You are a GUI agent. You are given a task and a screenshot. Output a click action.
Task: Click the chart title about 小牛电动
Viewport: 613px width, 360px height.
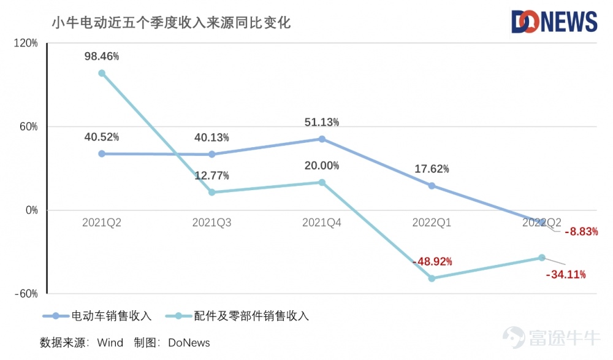coord(171,23)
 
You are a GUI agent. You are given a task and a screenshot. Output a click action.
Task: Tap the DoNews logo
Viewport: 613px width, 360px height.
coord(554,21)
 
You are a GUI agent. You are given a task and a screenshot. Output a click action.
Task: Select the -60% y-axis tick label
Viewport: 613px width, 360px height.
coord(26,294)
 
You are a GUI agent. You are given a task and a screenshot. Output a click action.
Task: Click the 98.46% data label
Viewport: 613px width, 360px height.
coord(102,56)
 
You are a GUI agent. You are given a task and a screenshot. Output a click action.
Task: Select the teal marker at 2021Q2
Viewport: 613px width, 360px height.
coord(102,73)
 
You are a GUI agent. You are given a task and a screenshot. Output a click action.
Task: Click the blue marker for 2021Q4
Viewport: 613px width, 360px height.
coord(322,139)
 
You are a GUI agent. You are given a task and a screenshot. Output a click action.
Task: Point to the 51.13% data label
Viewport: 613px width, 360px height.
coord(322,123)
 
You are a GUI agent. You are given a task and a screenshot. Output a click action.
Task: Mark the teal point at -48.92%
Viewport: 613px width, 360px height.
coord(432,278)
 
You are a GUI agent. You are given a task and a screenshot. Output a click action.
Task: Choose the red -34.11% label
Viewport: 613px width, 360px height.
coord(565,274)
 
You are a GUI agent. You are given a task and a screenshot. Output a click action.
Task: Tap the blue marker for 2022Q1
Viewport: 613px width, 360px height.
coord(432,186)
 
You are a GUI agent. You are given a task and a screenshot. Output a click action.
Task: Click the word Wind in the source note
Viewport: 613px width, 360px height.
coord(110,342)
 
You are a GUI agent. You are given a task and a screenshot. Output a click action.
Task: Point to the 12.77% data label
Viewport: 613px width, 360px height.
coord(211,176)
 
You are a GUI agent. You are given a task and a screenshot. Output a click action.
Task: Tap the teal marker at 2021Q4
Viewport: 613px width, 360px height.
coord(322,182)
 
